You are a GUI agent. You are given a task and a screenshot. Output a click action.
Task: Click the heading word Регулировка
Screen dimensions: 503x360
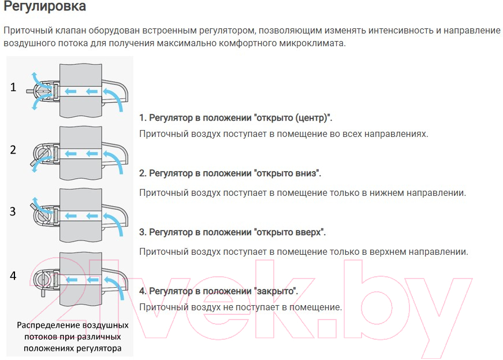click(x=44, y=6)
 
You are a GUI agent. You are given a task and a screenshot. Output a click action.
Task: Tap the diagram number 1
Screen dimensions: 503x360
click(x=13, y=87)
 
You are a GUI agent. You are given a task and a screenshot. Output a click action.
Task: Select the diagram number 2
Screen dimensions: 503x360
click(x=13, y=150)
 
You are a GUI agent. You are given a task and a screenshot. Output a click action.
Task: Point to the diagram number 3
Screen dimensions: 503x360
click(x=13, y=211)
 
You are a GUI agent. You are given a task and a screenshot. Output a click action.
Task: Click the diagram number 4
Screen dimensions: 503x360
click(x=13, y=276)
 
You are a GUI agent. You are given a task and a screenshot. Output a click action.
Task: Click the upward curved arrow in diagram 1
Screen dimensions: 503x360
click(x=38, y=80)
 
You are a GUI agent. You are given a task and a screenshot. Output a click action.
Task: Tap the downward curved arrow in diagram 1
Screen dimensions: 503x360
click(x=38, y=102)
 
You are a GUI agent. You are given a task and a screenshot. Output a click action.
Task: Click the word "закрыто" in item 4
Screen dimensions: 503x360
click(x=276, y=291)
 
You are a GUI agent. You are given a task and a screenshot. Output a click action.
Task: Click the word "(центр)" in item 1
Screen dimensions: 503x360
click(x=314, y=118)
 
